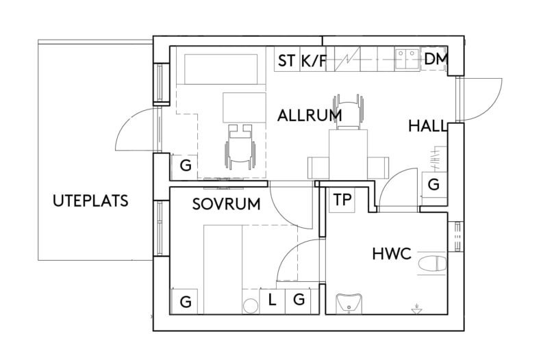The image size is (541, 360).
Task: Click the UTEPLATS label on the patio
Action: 90,201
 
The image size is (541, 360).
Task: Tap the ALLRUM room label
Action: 310,116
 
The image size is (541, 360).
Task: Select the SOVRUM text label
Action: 226,203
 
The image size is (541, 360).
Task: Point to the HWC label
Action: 391,255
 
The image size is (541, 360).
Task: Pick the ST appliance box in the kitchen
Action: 286,61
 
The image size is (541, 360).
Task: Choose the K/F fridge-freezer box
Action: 314,61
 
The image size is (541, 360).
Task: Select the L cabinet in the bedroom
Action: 272,300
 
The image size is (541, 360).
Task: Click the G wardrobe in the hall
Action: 433,185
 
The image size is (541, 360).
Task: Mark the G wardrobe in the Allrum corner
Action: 184,166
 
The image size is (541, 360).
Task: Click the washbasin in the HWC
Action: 350,302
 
